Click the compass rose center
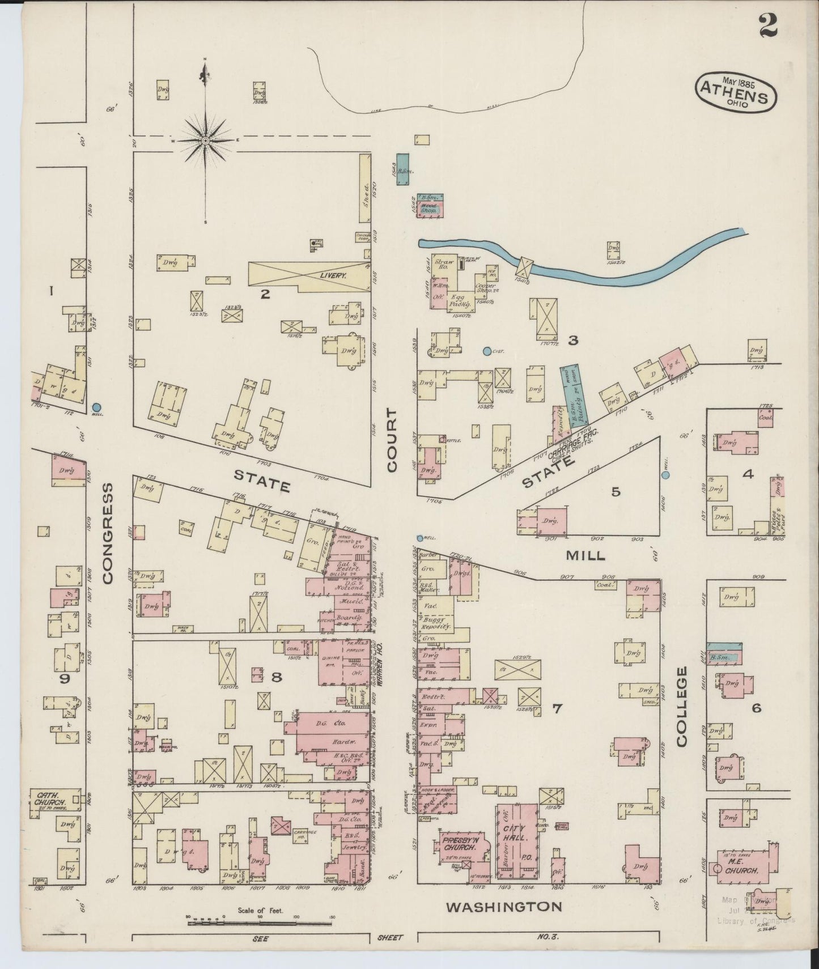[205, 139]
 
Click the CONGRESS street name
[108, 533]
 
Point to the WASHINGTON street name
[504, 907]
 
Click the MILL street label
[585, 555]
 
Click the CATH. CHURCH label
[49, 799]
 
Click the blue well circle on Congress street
[96, 407]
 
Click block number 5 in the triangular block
[616, 491]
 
